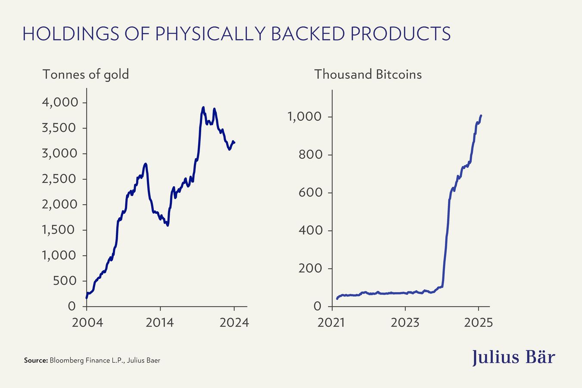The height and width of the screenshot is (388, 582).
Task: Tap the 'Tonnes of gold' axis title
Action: [x=86, y=74]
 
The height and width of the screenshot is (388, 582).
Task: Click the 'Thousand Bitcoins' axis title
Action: [x=368, y=74]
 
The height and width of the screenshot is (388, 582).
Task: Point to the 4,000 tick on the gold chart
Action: [x=60, y=103]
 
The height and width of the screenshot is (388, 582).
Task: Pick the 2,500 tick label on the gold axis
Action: [x=60, y=179]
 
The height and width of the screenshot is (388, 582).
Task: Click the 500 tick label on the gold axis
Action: [x=64, y=281]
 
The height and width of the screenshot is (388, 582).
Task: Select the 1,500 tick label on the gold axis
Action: [x=60, y=230]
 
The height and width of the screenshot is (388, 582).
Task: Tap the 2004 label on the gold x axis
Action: [x=87, y=322]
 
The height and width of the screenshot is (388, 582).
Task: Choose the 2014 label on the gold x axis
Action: [x=160, y=322]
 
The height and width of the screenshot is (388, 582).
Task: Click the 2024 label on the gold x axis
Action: [x=234, y=322]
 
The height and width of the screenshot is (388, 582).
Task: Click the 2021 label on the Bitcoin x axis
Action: [x=332, y=322]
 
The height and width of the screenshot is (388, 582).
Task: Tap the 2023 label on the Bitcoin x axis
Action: [x=405, y=322]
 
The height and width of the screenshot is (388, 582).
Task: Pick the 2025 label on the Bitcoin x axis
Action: [x=478, y=322]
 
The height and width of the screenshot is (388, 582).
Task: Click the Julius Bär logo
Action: [x=514, y=357]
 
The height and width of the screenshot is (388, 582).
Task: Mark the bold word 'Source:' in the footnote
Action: [x=36, y=360]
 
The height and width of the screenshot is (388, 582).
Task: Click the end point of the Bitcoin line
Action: [x=481, y=116]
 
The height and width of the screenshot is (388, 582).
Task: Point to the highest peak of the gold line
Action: [x=203, y=107]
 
